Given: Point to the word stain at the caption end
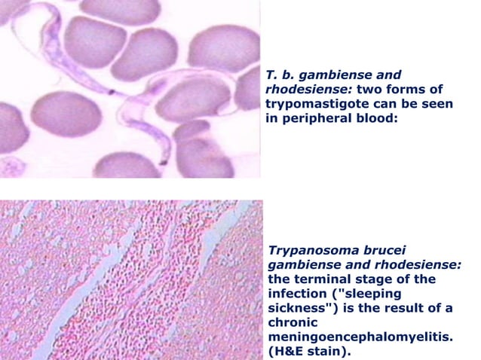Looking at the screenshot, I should point(332,352).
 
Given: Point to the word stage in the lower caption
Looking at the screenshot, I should point(366,279).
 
